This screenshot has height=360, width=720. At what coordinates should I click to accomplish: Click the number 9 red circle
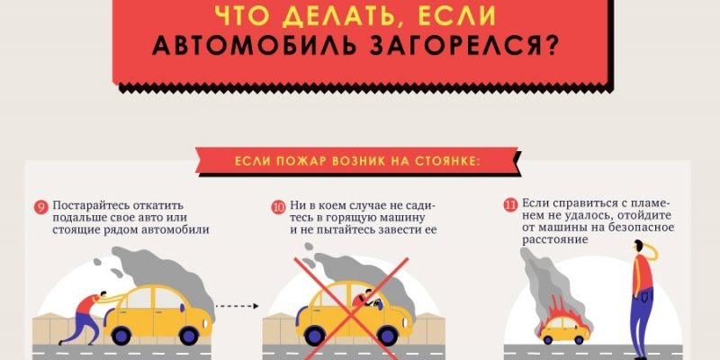pyautogui.click(x=40, y=207)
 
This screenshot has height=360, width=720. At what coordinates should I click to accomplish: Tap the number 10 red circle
pyautogui.click(x=278, y=207)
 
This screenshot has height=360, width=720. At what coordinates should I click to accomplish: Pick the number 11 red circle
pyautogui.click(x=510, y=205)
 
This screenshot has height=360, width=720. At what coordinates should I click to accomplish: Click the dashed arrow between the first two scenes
pyautogui.click(x=237, y=306)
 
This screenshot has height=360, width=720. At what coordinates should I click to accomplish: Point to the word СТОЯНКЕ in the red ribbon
pyautogui.click(x=447, y=161)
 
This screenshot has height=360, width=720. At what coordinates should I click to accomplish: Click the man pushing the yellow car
pyautogui.click(x=86, y=318)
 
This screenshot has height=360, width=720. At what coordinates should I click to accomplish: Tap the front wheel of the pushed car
pyautogui.click(x=189, y=335)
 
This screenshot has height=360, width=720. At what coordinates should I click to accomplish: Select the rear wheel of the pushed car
pyautogui.click(x=121, y=335)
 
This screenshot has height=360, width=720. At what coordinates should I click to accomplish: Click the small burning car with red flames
pyautogui.click(x=564, y=323)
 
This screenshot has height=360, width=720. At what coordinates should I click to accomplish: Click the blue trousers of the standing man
pyautogui.click(x=642, y=322)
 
